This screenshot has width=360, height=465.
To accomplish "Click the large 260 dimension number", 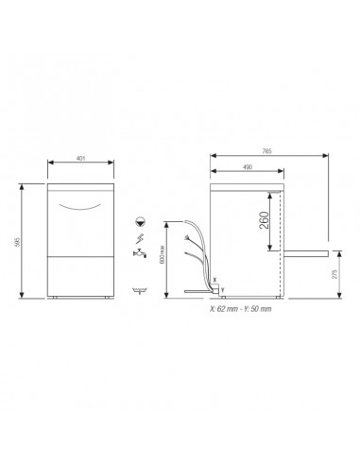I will tap(264, 224).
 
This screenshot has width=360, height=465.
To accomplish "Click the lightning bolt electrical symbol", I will tap(139, 237).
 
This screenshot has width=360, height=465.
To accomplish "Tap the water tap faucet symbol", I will tap(139, 254).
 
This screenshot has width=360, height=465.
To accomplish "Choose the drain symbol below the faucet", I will tap(140, 286).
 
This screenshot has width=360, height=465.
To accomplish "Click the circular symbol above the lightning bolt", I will tap(139, 220).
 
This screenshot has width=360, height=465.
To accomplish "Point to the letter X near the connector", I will tap(216, 280).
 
